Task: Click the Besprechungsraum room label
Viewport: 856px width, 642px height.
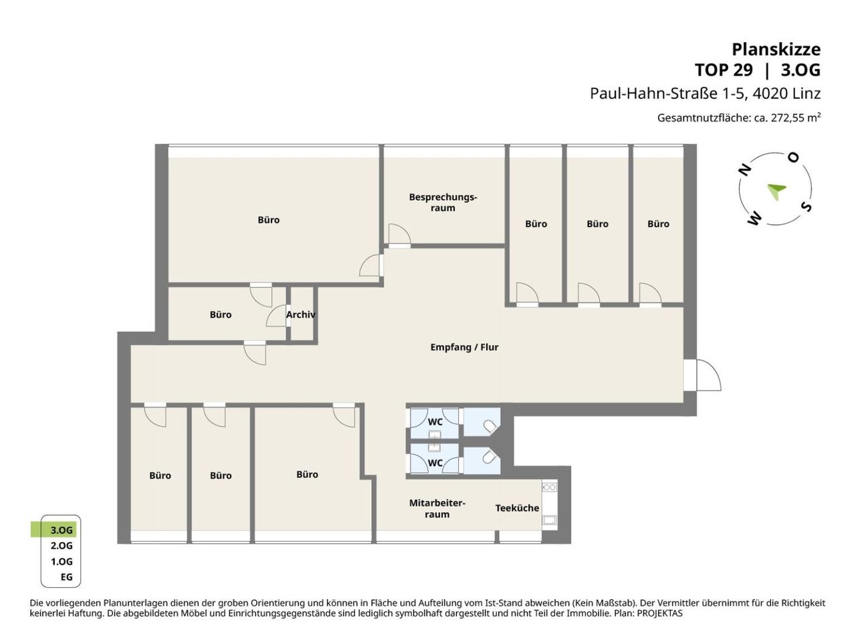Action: (443, 203)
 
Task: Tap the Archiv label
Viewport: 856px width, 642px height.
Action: (301, 314)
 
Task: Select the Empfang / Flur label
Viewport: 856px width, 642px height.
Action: (464, 347)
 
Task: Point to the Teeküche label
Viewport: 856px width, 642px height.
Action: (517, 508)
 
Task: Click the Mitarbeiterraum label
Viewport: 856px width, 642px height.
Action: (437, 508)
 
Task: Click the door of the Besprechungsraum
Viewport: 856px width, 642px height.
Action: (399, 235)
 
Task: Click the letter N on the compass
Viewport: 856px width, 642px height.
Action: (745, 170)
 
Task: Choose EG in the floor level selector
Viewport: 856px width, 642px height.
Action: (67, 577)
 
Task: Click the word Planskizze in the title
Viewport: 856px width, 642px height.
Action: (776, 49)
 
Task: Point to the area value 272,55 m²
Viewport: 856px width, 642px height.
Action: (796, 117)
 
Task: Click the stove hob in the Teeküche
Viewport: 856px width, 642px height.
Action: (549, 488)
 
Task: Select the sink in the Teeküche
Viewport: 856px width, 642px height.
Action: (550, 520)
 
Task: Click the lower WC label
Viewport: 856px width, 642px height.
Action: (435, 463)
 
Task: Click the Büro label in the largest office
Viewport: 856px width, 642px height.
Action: (269, 220)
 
